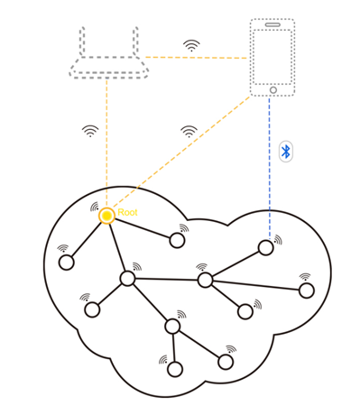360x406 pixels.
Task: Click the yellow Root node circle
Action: (106, 216)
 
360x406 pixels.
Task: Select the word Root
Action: (127, 212)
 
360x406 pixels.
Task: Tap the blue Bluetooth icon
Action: (286, 151)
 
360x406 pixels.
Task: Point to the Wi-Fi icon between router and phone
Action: (191, 45)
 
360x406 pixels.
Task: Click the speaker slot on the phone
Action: (272, 24)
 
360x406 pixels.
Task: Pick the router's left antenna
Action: (82, 42)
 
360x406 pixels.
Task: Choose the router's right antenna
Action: (135, 42)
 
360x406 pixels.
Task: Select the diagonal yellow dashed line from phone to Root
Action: (180, 154)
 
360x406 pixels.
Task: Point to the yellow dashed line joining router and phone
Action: (194, 58)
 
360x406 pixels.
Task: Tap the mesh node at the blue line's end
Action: (265, 247)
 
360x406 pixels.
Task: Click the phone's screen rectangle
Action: (272, 56)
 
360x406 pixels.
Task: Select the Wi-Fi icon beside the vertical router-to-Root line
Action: (90, 131)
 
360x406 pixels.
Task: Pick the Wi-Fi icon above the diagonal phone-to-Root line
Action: (189, 131)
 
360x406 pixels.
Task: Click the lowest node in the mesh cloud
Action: (175, 369)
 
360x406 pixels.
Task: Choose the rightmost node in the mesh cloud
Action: (307, 291)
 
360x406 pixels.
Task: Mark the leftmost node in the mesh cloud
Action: (66, 263)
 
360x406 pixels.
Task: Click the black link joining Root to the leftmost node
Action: (87, 239)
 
